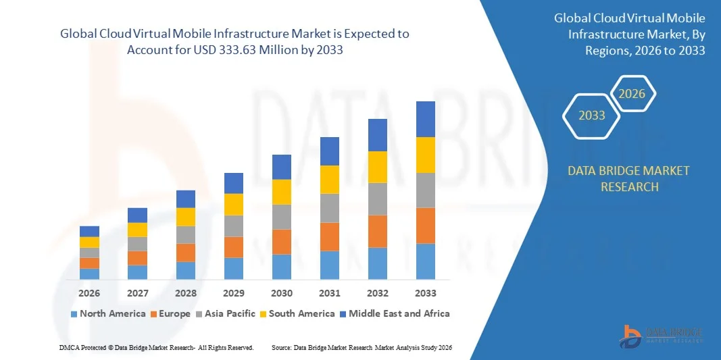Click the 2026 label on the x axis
(89, 293)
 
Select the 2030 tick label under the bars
(282, 293)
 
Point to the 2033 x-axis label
(426, 293)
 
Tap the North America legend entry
(108, 313)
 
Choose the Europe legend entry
(174, 313)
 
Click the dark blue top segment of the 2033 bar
(426, 119)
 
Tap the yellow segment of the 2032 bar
(378, 167)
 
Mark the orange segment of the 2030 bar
(282, 241)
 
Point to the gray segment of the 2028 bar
(186, 234)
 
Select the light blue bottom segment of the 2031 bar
(330, 265)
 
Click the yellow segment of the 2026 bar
(89, 242)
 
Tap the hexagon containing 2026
(633, 94)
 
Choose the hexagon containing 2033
(592, 115)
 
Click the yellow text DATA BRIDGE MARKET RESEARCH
(629, 178)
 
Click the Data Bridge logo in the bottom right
(662, 336)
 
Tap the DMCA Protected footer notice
(156, 347)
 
